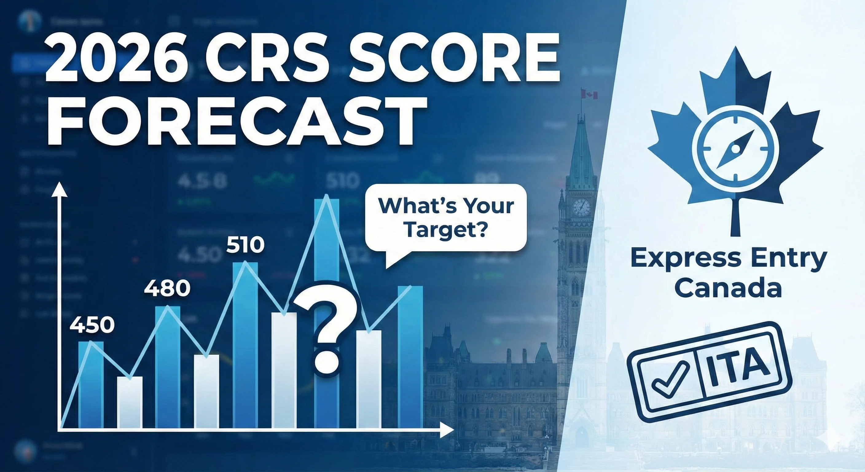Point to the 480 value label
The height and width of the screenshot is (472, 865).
click(167, 288)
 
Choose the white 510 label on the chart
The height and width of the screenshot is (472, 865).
click(245, 245)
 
